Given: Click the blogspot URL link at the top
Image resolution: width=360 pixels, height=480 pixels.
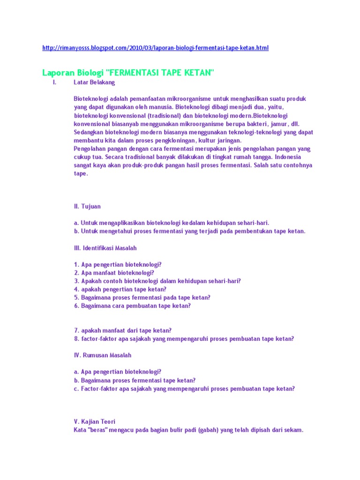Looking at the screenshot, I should pos(155,48).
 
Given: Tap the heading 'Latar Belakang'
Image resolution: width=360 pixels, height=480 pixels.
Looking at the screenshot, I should pos(94,82).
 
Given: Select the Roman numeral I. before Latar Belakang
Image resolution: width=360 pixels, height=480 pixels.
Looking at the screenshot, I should pos(54,82).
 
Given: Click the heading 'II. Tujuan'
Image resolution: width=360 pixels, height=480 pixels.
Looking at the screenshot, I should pos(87,206).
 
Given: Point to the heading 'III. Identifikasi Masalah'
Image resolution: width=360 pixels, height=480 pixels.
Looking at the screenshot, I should pos(105,247).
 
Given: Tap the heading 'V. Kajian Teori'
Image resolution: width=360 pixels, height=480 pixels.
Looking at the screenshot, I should pos(95,421).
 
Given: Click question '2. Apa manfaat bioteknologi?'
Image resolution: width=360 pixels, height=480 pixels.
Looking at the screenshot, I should pos(114,272).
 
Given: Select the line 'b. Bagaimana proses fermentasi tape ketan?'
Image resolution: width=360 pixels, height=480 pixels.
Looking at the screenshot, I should pos(135,380).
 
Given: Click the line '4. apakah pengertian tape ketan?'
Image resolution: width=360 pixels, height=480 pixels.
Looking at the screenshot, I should pos(120,289).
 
